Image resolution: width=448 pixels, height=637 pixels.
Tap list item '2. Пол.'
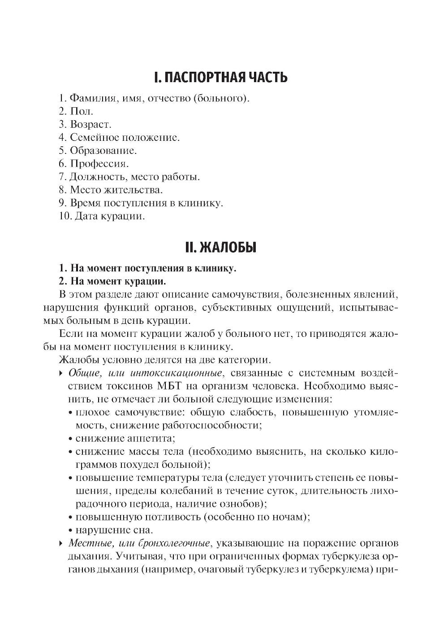(x=76, y=111)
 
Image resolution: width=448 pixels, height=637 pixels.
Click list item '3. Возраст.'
(x=85, y=124)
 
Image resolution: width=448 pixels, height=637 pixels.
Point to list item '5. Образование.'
(x=98, y=151)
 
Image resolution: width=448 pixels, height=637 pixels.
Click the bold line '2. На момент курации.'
(x=112, y=281)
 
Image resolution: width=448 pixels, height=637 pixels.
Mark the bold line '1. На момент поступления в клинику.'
(x=147, y=268)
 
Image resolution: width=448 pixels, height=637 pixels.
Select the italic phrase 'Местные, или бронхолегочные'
(x=139, y=543)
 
